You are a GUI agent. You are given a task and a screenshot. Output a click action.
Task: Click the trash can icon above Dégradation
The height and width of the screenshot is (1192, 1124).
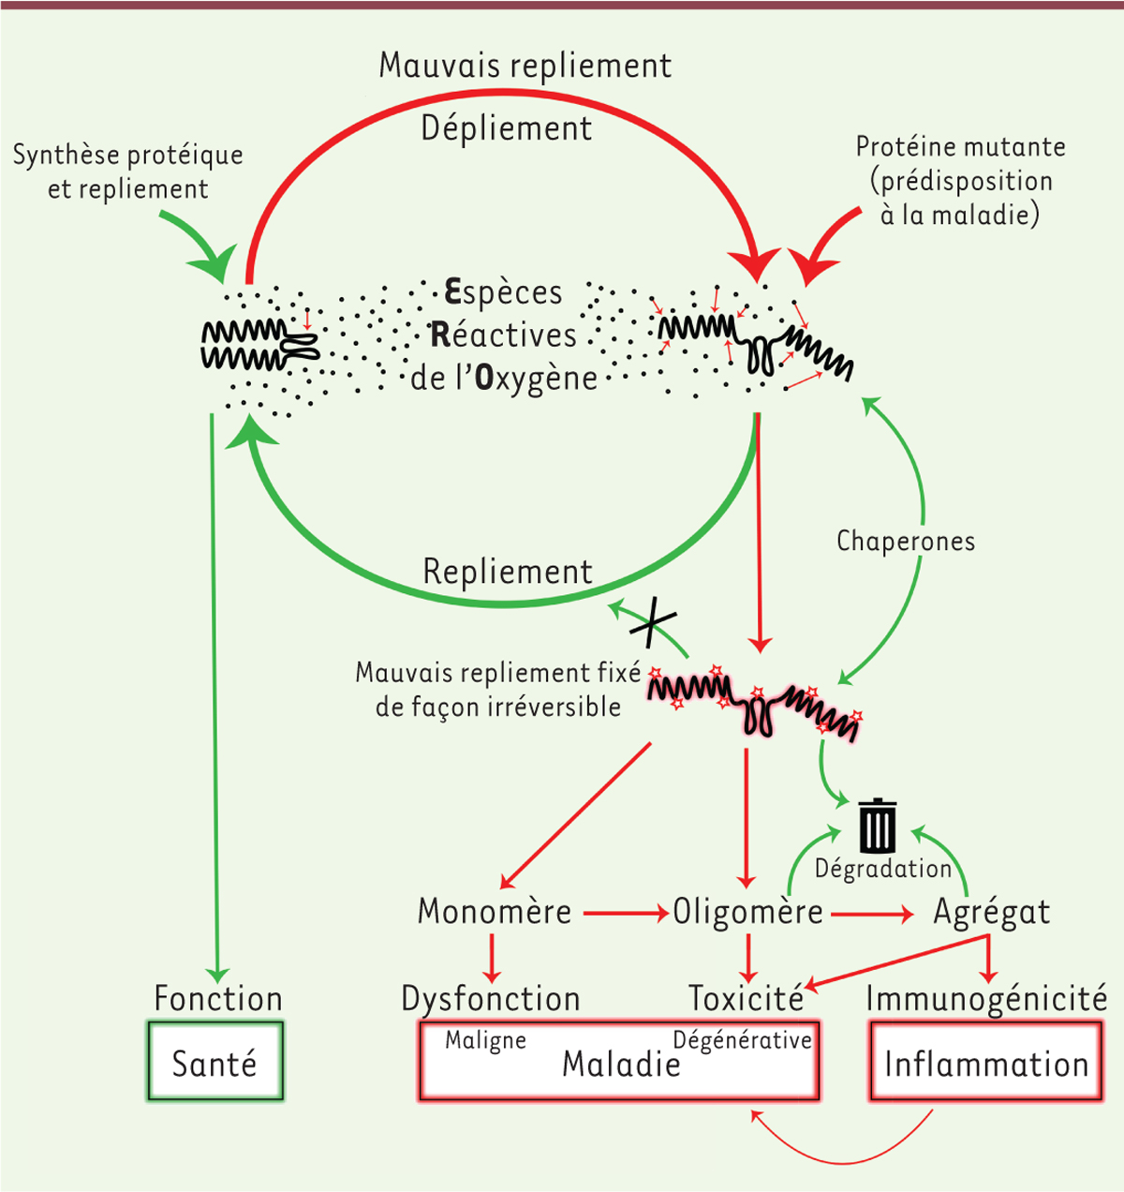pyautogui.click(x=878, y=825)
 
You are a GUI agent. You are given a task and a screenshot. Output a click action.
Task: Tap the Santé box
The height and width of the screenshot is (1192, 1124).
pyautogui.click(x=215, y=1063)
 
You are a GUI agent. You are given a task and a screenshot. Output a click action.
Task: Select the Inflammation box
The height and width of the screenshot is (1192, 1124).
pyautogui.click(x=986, y=1064)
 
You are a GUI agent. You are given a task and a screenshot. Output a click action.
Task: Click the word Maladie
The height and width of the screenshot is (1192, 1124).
pyautogui.click(x=621, y=1065)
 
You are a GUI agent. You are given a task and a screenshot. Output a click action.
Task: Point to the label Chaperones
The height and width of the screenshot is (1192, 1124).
pyautogui.click(x=905, y=542)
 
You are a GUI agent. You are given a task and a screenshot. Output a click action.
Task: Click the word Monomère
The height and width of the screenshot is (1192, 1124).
pyautogui.click(x=495, y=912)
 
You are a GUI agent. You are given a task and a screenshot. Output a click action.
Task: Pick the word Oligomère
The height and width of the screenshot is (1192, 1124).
pyautogui.click(x=747, y=912)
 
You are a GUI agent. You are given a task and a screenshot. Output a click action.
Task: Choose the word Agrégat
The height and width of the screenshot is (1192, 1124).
pyautogui.click(x=991, y=913)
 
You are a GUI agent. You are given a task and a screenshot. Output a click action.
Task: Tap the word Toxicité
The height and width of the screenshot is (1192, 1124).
pyautogui.click(x=746, y=998)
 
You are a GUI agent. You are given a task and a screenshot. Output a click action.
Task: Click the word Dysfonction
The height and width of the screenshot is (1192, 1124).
pyautogui.click(x=491, y=998)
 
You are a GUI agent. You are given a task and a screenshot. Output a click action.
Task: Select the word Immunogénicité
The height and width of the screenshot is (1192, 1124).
pyautogui.click(x=986, y=998)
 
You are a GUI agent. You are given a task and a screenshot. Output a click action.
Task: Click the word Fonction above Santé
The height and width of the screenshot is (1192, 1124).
pyautogui.click(x=218, y=998)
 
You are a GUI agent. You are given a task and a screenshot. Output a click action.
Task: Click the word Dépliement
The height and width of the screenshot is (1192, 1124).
pyautogui.click(x=507, y=128)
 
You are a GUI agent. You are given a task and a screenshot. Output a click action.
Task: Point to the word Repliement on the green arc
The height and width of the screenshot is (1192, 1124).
pyautogui.click(x=508, y=572)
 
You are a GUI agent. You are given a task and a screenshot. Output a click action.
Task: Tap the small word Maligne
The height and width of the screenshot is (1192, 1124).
pyautogui.click(x=485, y=1040)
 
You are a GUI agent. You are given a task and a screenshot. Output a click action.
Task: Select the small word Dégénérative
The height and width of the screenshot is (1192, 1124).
pyautogui.click(x=742, y=1040)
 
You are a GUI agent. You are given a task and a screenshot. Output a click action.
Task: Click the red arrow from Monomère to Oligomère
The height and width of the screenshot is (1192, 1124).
pyautogui.click(x=624, y=912)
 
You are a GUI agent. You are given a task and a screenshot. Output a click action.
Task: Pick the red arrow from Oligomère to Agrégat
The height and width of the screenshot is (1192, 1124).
pyautogui.click(x=871, y=912)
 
